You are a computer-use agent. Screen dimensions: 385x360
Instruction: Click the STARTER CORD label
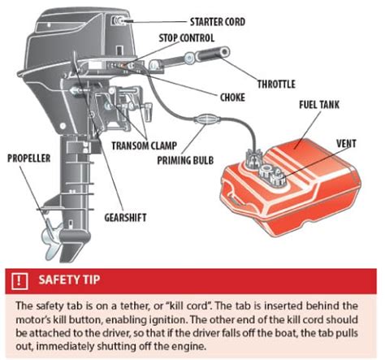(218, 22)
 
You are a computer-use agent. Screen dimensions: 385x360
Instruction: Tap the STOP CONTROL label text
(187, 38)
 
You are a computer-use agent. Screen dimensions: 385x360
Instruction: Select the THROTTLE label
(276, 84)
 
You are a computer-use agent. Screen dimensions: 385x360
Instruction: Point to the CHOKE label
(232, 98)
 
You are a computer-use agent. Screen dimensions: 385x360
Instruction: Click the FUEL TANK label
(319, 105)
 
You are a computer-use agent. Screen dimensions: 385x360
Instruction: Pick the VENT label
(346, 144)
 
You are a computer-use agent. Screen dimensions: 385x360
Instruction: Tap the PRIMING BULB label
(185, 160)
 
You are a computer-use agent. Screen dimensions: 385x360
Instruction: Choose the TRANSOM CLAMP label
(145, 145)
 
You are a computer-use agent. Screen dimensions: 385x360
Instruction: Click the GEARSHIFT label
(125, 218)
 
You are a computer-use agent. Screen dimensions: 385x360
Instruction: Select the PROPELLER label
(29, 158)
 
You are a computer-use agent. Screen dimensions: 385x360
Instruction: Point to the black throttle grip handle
(213, 53)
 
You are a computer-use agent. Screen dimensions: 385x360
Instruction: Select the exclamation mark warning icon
(19, 280)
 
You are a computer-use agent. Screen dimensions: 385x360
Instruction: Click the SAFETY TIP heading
(69, 280)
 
